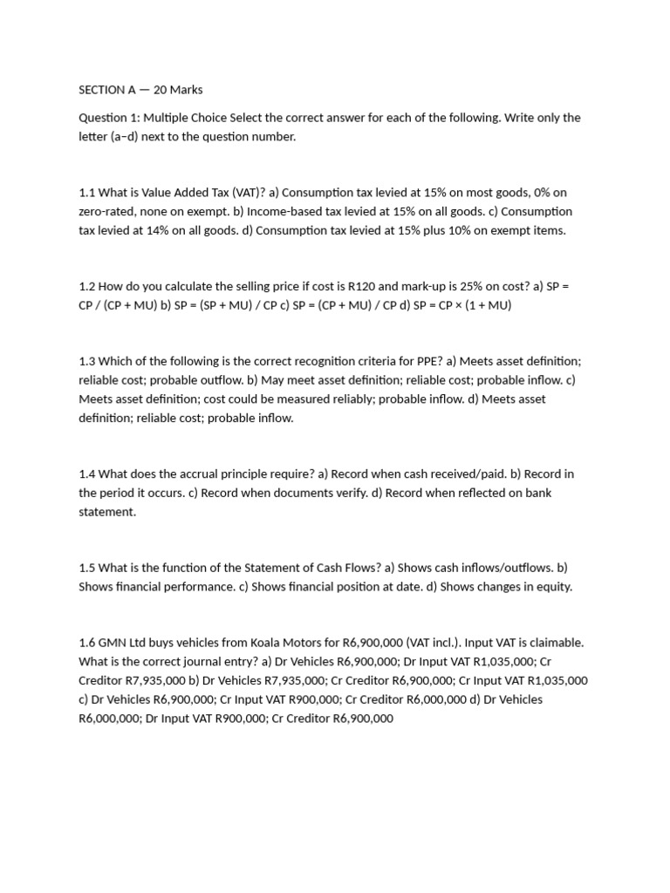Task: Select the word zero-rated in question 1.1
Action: tap(107, 212)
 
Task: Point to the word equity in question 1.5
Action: tap(554, 587)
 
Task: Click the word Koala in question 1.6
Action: tap(252, 643)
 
